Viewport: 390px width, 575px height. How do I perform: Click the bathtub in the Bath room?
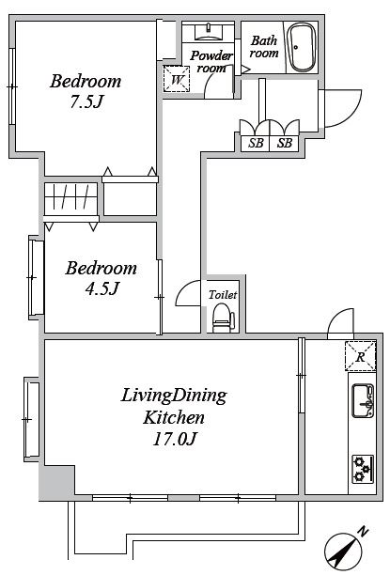pyautogui.click(x=302, y=48)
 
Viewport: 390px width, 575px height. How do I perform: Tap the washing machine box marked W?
pyautogui.click(x=177, y=79)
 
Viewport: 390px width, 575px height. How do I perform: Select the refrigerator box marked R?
pyautogui.click(x=360, y=356)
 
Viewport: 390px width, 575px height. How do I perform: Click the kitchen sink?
pyautogui.click(x=363, y=401)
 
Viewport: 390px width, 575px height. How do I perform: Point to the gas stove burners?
pyautogui.click(x=363, y=469)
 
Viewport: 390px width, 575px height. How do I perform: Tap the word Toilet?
pyautogui.click(x=223, y=295)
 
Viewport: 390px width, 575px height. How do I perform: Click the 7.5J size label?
pyautogui.click(x=86, y=102)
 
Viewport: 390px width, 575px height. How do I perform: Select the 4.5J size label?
pyautogui.click(x=102, y=288)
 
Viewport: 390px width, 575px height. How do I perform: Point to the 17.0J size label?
pyautogui.click(x=175, y=439)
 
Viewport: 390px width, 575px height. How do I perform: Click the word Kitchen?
pyautogui.click(x=173, y=417)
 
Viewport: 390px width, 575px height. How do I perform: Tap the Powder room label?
pyautogui.click(x=211, y=62)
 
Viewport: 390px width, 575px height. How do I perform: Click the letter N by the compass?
pyautogui.click(x=364, y=532)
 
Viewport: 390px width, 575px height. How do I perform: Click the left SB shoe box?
pyautogui.click(x=256, y=143)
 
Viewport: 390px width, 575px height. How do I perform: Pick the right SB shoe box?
pyautogui.click(x=285, y=143)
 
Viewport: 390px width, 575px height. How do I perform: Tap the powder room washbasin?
pyautogui.click(x=209, y=32)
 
